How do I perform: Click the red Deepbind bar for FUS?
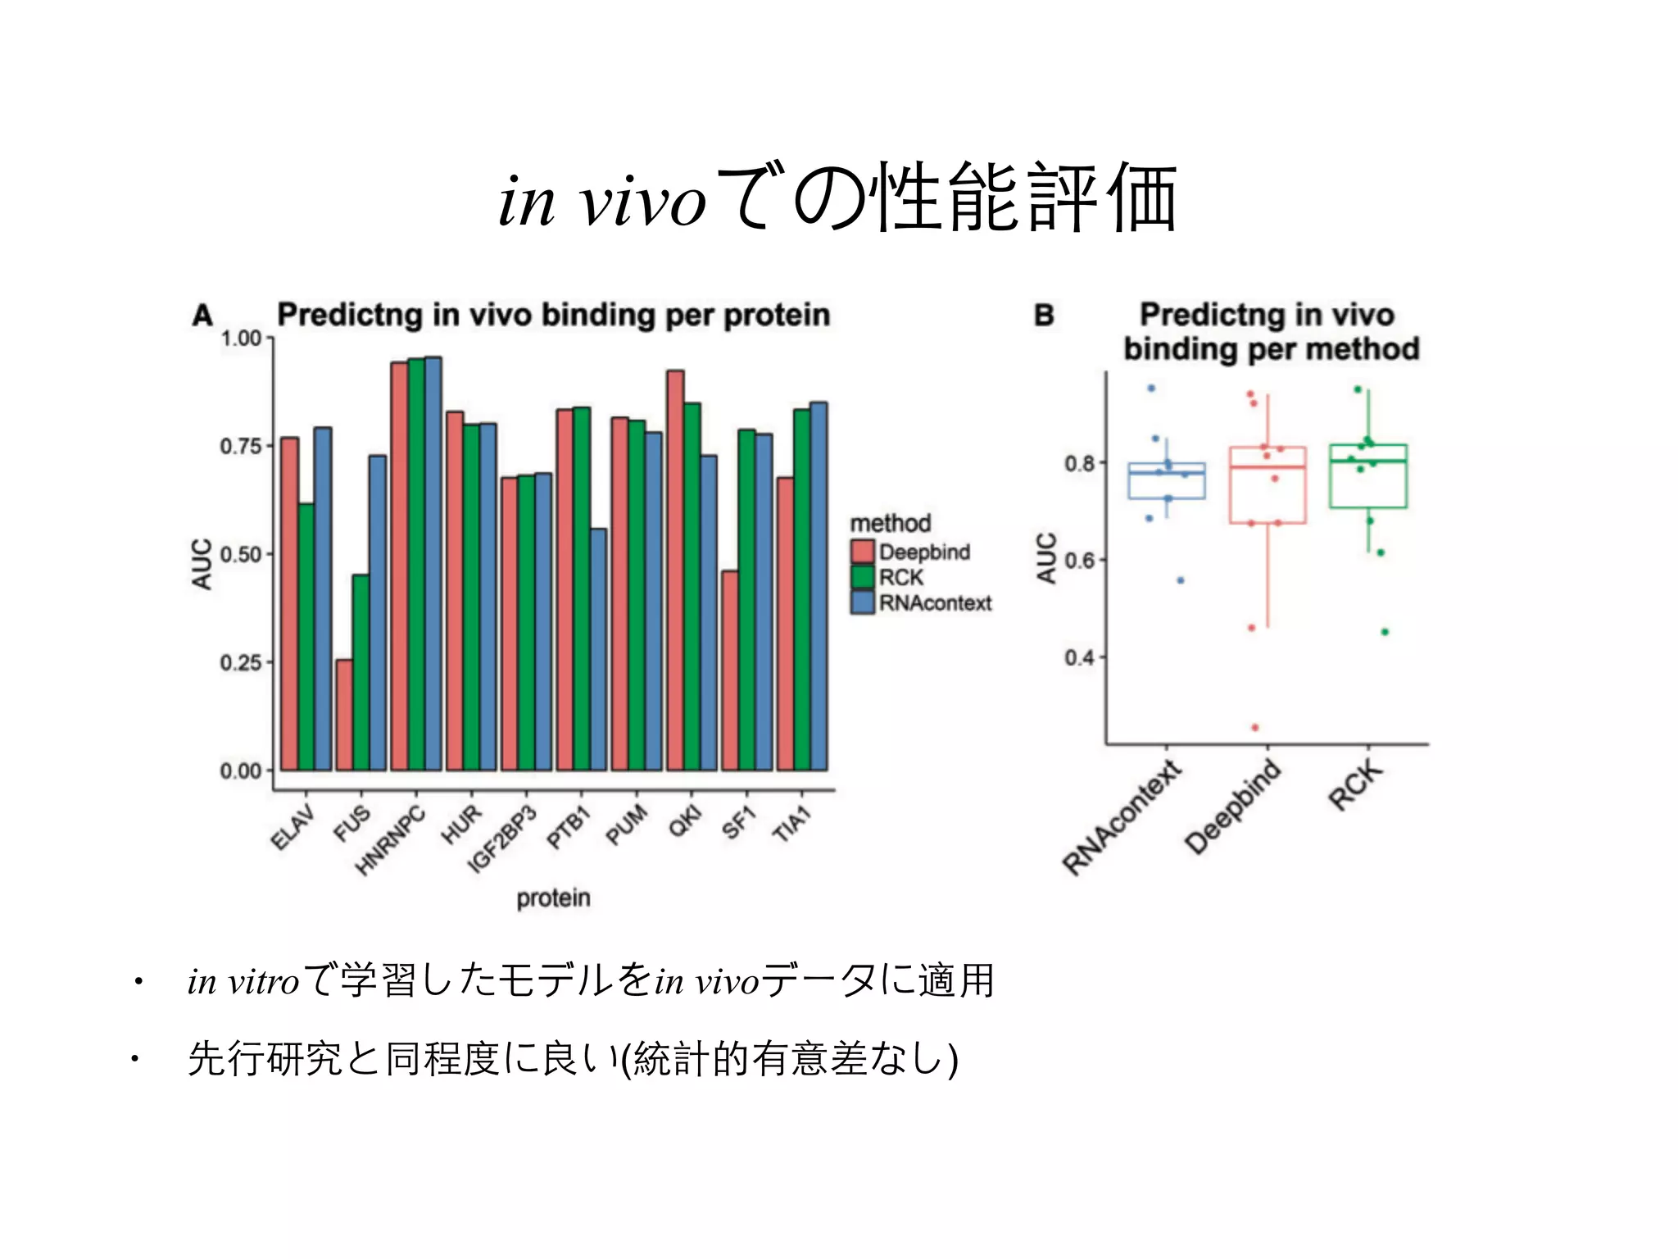(344, 715)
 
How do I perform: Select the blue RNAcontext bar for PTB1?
(598, 649)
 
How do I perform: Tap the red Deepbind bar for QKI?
(675, 570)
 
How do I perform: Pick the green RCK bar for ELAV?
(306, 637)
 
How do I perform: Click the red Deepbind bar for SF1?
(730, 670)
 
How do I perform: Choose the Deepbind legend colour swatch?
(862, 552)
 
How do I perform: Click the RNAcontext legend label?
(935, 603)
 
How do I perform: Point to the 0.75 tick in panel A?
(240, 447)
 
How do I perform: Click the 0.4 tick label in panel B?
(1078, 657)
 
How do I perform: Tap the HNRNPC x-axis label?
(392, 840)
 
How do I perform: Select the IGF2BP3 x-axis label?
(501, 840)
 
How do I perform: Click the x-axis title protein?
(553, 898)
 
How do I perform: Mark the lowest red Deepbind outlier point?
(1254, 728)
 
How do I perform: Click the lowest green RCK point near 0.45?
(1385, 632)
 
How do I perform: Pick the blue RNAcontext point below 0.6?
(1181, 580)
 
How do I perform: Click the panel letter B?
(1044, 316)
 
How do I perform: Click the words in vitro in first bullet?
(243, 981)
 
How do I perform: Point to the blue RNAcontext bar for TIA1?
(819, 586)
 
